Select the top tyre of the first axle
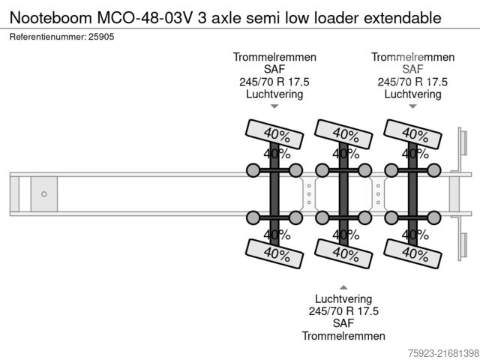click(x=274, y=134)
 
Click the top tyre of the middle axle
click(x=344, y=133)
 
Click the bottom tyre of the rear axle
click(x=412, y=253)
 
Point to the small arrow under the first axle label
click(x=274, y=106)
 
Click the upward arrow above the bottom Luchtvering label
click(x=343, y=287)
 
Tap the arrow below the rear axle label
click(x=412, y=106)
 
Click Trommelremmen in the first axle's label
click(x=274, y=58)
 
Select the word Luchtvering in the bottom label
click(x=343, y=298)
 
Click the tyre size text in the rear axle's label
click(x=412, y=82)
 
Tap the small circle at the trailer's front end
click(x=43, y=194)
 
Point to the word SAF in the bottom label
click(x=343, y=322)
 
